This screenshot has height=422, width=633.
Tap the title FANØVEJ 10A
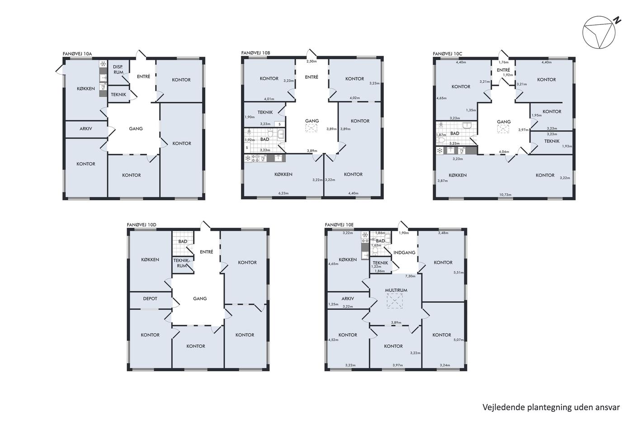(77, 54)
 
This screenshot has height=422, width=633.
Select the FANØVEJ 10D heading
(142, 225)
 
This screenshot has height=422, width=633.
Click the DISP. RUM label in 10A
(118, 70)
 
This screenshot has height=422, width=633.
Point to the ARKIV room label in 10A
(85, 128)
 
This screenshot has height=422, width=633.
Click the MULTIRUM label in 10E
(396, 290)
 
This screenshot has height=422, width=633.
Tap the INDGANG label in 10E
(404, 252)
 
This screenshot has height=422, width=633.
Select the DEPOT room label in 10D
(150, 299)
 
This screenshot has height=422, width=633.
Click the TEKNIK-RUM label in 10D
(182, 263)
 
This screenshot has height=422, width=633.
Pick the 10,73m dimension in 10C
(505, 195)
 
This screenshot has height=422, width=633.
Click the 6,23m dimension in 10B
(283, 193)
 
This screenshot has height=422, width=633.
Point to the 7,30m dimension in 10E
(410, 276)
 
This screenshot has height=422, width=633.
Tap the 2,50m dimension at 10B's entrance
(312, 62)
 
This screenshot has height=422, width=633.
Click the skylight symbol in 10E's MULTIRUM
(395, 301)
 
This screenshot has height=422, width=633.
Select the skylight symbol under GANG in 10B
(311, 128)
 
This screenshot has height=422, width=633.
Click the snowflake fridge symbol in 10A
(103, 64)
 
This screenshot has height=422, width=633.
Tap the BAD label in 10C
(455, 133)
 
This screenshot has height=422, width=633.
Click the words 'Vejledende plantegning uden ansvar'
(551, 408)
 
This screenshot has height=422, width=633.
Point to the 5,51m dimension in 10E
(458, 273)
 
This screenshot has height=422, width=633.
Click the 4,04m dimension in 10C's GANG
(504, 152)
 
